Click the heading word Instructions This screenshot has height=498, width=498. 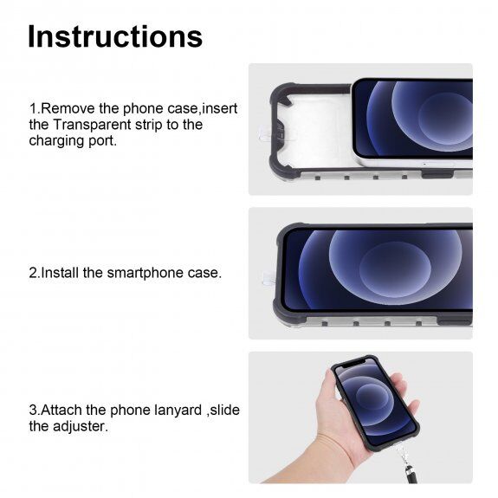(115, 36)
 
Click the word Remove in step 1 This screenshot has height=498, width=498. (68, 108)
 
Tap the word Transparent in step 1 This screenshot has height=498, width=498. (92, 125)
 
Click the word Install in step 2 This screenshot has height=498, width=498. (60, 273)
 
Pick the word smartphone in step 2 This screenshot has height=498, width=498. (145, 273)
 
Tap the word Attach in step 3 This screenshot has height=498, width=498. (61, 410)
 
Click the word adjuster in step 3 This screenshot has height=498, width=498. (81, 426)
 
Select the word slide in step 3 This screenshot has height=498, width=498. (225, 410)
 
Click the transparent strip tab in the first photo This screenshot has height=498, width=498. (264, 133)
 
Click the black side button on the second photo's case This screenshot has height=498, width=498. (455, 321)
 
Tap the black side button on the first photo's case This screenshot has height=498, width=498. (437, 174)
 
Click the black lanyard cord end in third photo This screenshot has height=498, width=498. (411, 474)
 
